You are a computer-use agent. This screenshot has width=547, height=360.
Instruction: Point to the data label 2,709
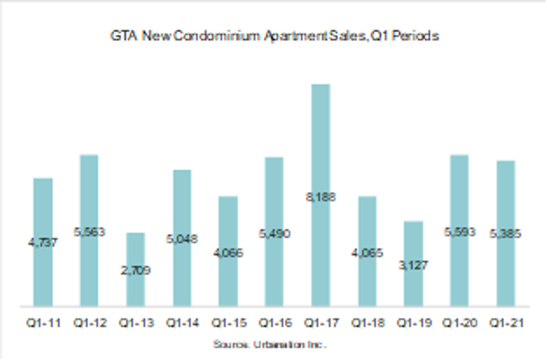(x=135, y=271)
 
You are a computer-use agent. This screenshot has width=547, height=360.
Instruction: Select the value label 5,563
(x=89, y=232)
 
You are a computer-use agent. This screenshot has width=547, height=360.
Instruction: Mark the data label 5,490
(x=274, y=234)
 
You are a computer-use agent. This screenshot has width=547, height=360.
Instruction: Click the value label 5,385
(x=506, y=234)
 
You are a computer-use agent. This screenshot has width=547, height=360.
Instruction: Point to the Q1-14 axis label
(x=181, y=323)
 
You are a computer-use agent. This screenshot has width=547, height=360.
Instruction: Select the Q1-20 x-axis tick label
(x=459, y=323)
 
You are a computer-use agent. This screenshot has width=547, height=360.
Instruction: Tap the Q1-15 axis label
(x=228, y=323)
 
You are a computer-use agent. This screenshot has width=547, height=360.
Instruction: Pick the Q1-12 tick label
(x=89, y=323)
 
